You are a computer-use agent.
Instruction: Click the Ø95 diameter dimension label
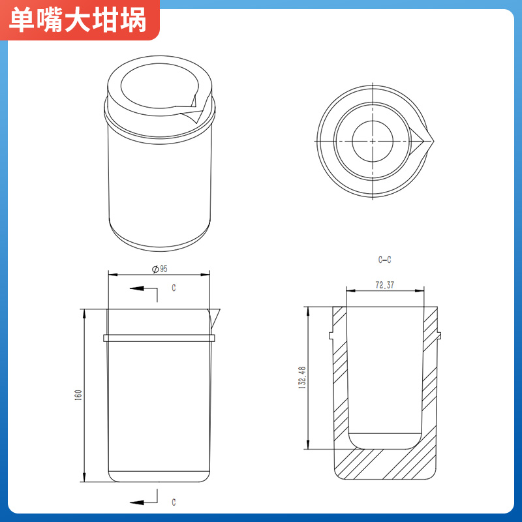[160, 269]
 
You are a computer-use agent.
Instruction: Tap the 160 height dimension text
[78, 395]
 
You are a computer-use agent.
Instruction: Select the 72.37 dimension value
[385, 285]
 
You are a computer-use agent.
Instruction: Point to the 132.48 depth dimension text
[302, 378]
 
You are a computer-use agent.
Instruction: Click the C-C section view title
[384, 260]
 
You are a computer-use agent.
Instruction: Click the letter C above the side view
[174, 288]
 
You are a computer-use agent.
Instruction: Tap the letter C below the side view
[174, 502]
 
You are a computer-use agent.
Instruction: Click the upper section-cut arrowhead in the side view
[136, 288]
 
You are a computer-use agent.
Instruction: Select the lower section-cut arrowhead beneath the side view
[136, 502]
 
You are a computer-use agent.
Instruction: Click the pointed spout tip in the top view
[434, 141]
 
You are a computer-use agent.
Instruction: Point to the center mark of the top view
[373, 141]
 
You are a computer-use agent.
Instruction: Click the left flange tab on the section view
[331, 335]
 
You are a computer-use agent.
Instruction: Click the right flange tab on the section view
[439, 335]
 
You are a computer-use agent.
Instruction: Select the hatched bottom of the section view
[385, 464]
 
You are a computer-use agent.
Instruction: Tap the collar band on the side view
[159, 338]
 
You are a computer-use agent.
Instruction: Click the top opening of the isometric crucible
[159, 86]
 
